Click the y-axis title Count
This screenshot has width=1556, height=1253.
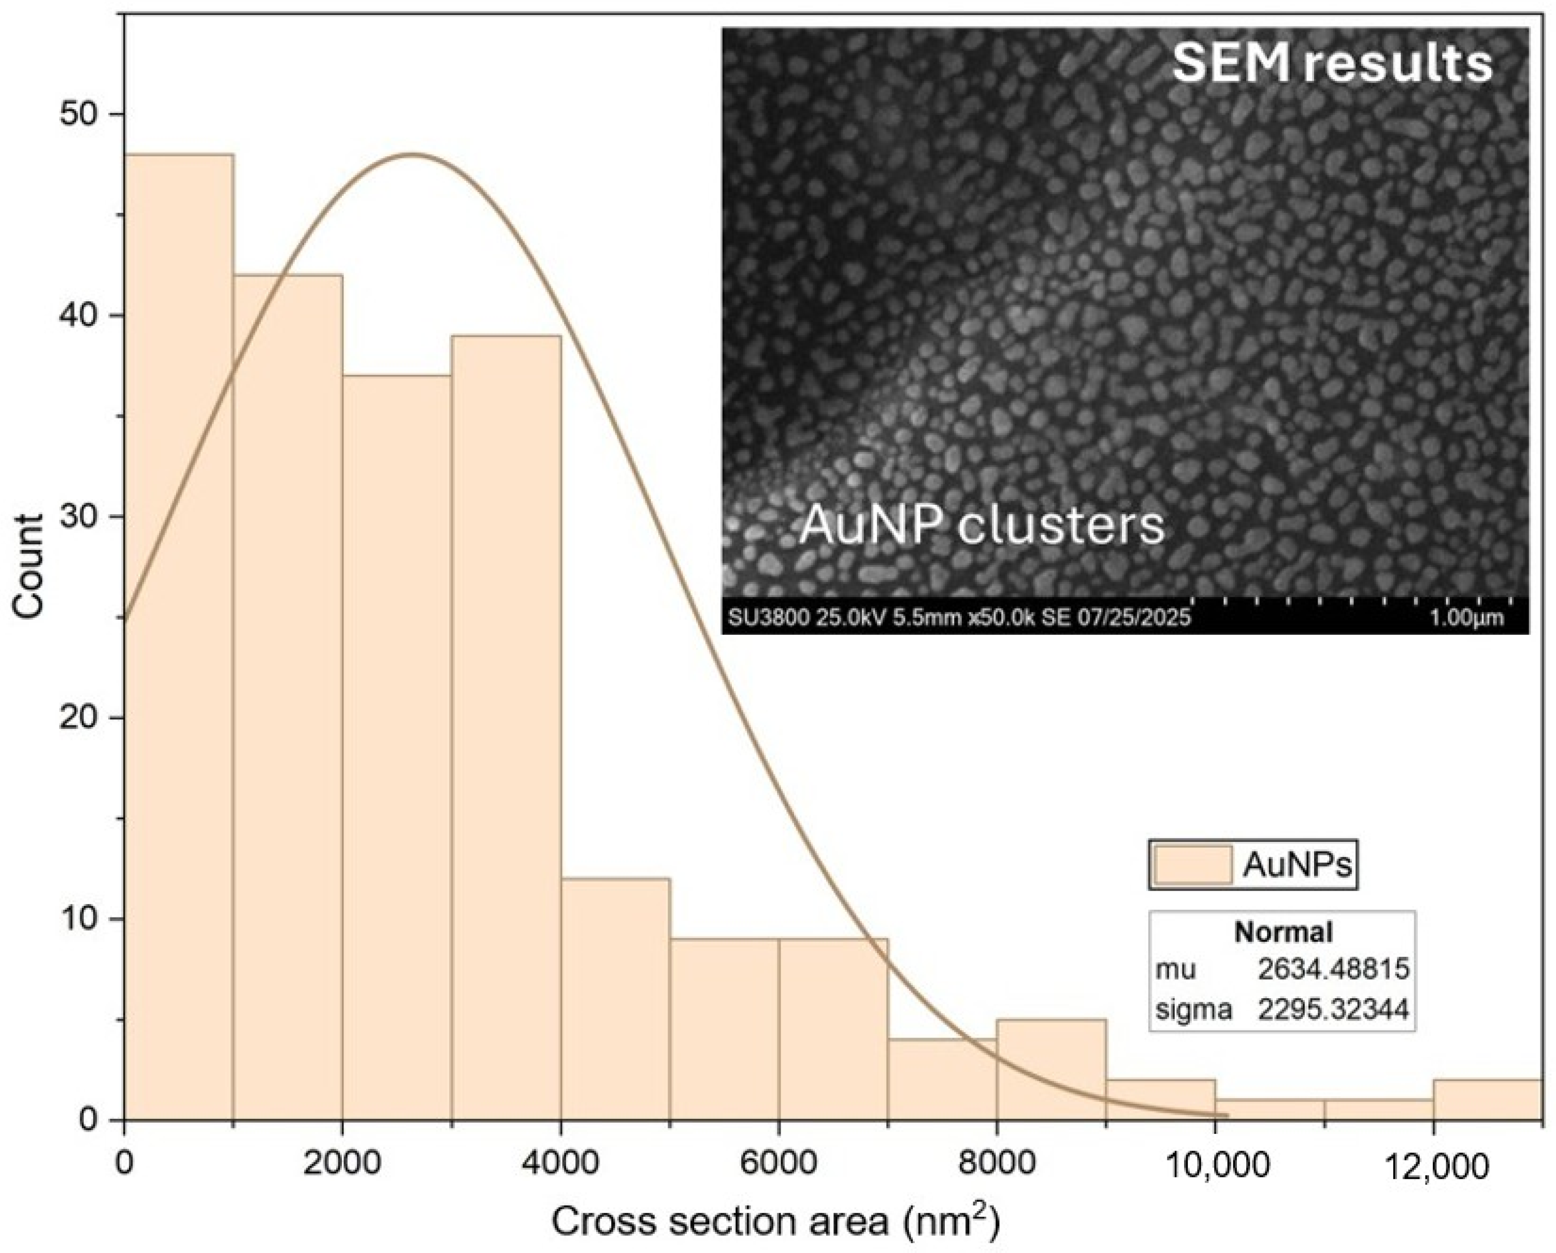coord(29,566)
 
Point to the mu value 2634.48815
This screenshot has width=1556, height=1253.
coord(1333,969)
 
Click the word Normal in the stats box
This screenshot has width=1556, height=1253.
coord(1283,933)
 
